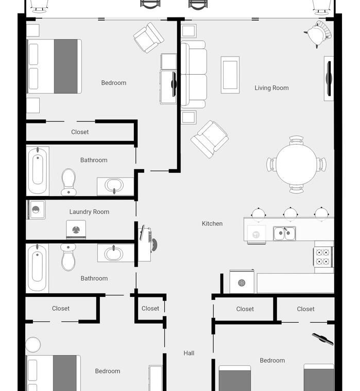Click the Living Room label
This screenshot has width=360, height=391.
coord(271,88)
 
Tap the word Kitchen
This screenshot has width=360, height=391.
coord(212,224)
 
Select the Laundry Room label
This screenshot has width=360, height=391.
coord(90,212)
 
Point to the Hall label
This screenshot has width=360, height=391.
coord(189,353)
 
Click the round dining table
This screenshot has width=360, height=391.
coord(296,164)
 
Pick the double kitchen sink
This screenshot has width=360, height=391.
coord(284,234)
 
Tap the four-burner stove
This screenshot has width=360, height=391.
coord(323,257)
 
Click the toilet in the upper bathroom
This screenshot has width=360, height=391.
coord(68,182)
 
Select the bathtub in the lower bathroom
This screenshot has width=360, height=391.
coord(37,268)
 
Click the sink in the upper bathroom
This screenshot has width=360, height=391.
coord(114,186)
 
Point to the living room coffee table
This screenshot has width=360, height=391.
coord(230,75)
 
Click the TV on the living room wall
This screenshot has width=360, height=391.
coord(329,79)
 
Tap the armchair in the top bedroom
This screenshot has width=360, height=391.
coord(148,38)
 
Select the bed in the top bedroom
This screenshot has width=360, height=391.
coord(54,66)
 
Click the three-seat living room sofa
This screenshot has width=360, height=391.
coord(194,74)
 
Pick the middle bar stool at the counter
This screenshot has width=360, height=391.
coord(290,213)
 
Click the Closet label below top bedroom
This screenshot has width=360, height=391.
coord(80,132)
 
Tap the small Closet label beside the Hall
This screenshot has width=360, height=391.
coord(150,309)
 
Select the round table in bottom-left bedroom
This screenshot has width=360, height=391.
coord(33,345)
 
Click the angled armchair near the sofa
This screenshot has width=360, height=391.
coord(210,139)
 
